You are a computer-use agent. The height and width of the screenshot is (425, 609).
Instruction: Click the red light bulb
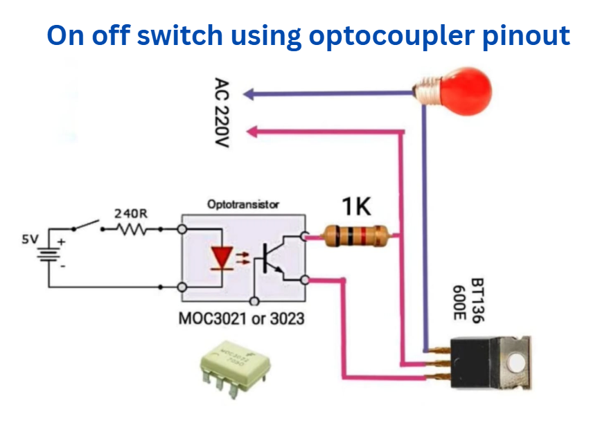coord(457,88)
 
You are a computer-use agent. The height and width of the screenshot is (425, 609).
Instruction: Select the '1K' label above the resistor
coord(356,206)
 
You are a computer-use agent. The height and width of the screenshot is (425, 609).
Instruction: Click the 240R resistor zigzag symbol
coord(131,229)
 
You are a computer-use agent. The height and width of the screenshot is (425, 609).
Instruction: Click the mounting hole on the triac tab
coord(515,361)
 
